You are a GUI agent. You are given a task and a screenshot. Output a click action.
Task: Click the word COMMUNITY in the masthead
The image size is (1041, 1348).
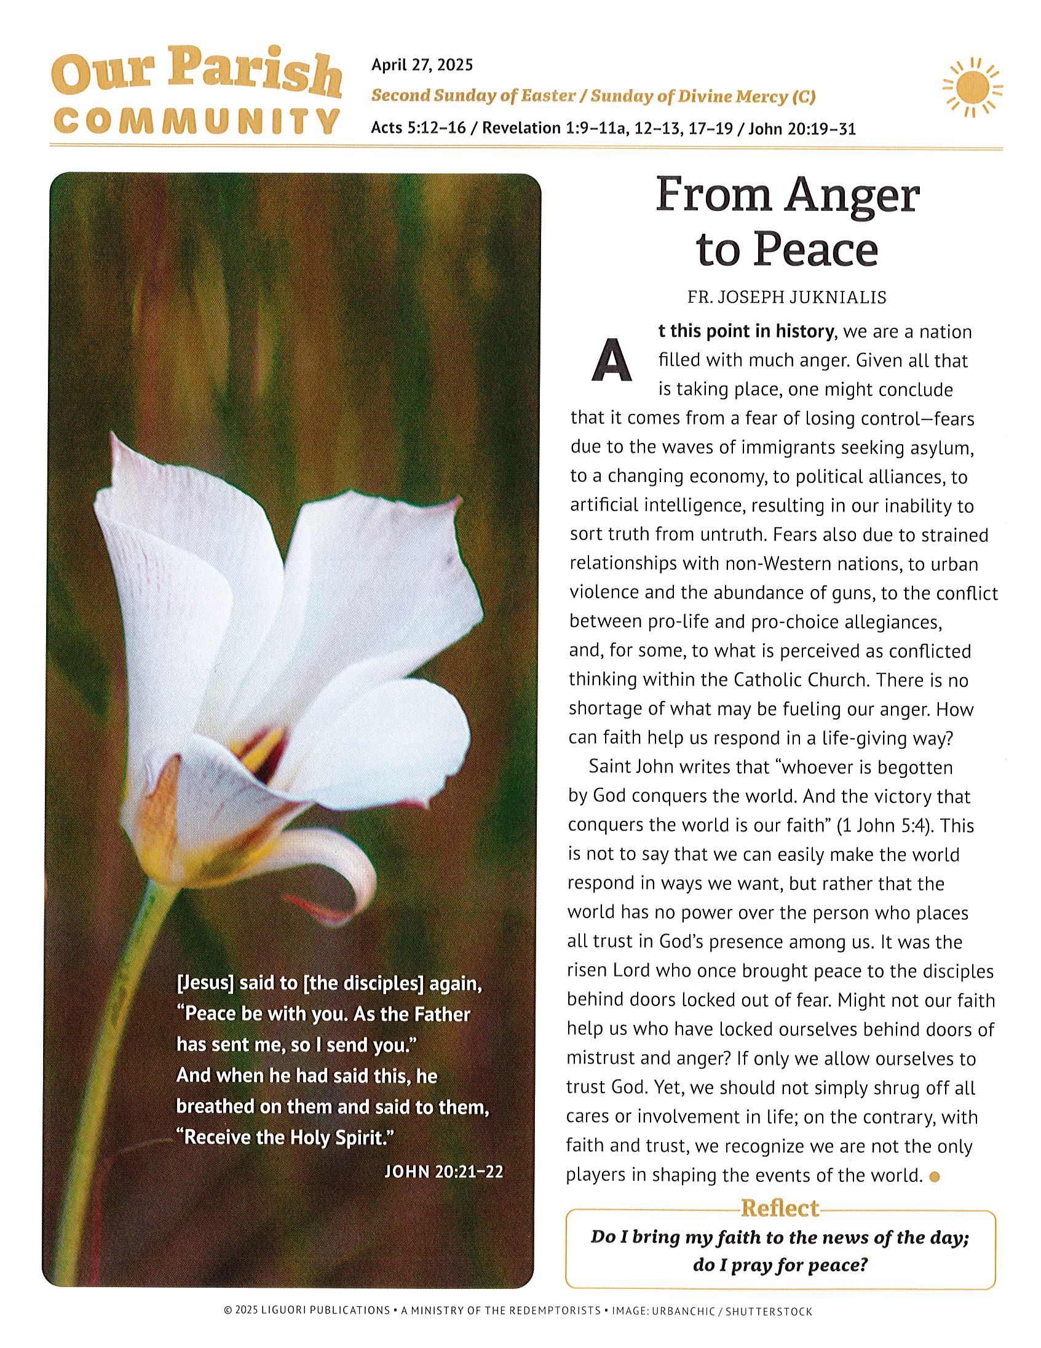[x=196, y=121]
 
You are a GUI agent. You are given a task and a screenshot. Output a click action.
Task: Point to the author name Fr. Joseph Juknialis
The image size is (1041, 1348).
[x=787, y=298]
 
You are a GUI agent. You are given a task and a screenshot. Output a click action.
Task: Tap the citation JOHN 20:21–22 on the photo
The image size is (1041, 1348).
[x=443, y=1171]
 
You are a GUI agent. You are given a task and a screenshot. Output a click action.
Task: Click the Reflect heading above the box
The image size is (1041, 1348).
[x=780, y=1207]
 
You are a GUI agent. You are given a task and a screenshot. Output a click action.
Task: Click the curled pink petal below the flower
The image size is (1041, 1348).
[x=346, y=876]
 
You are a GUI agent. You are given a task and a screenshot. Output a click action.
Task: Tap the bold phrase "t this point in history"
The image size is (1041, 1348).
[x=745, y=331]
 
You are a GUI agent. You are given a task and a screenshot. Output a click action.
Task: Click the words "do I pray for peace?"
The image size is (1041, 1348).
[x=780, y=1266]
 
